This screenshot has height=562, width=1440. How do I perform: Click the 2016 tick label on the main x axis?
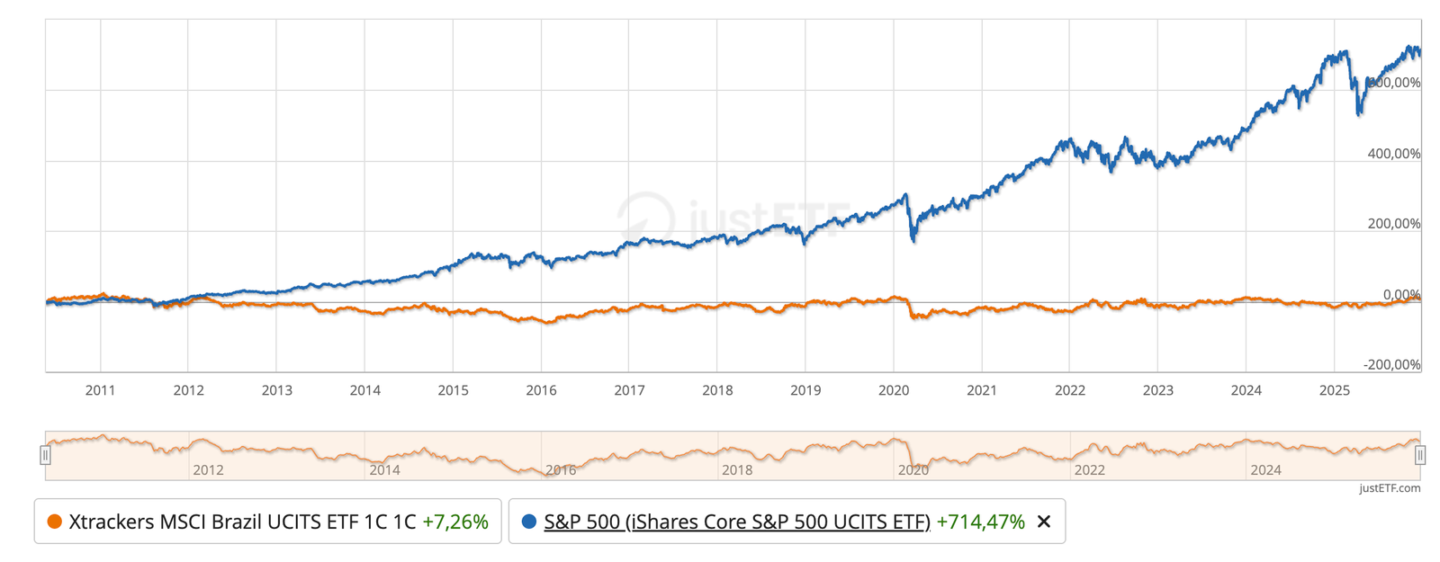[x=541, y=390]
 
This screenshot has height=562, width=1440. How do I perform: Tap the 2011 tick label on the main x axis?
[x=100, y=390]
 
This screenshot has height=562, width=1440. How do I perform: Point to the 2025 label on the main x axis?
[x=1334, y=390]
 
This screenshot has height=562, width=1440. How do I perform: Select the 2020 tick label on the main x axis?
[x=893, y=390]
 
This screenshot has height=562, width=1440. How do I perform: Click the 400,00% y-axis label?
[x=1393, y=154]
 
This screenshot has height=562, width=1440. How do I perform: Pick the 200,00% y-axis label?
[x=1393, y=224]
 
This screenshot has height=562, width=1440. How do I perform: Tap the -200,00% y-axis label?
[x=1391, y=364]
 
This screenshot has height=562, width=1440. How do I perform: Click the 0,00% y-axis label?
[x=1401, y=294]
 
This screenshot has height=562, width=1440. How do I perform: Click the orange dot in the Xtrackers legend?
[x=54, y=522]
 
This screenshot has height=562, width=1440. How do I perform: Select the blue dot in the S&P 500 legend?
[x=529, y=522]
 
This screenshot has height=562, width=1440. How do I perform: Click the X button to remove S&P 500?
[x=1044, y=522]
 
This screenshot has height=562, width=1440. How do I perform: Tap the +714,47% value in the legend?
[x=980, y=522]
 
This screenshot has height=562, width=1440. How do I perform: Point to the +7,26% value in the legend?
[x=455, y=522]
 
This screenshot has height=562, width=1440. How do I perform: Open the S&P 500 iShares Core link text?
[x=736, y=522]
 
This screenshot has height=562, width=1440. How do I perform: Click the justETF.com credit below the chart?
[x=1390, y=488]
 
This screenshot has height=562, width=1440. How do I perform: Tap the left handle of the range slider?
[x=45, y=456]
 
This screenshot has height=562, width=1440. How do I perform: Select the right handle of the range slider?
[x=1420, y=456]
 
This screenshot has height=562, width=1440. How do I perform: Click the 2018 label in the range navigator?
[x=737, y=469]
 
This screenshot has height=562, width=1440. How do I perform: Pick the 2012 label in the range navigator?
[x=208, y=469]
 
